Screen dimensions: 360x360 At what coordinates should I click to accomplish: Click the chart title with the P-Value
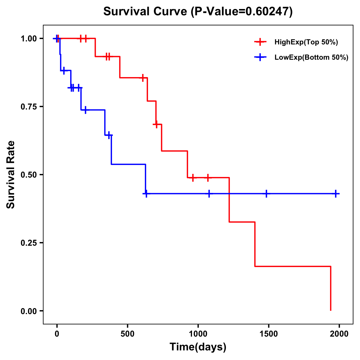[x=198, y=12]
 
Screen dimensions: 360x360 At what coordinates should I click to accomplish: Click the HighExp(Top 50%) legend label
[x=306, y=42]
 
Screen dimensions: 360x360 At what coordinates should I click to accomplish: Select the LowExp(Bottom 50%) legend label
[x=311, y=57]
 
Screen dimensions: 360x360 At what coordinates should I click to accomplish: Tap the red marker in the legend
[x=260, y=42]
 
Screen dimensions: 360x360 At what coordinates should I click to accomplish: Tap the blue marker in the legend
[x=260, y=57]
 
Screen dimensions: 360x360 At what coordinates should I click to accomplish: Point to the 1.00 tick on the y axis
[x=28, y=39]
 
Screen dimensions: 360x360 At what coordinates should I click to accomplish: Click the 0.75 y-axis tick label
[x=28, y=107]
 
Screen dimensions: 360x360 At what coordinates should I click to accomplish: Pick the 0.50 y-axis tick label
[x=28, y=175]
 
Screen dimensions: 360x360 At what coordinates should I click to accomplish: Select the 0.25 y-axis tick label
[x=28, y=243]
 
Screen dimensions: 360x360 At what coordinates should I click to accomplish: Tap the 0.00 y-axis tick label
[x=28, y=311]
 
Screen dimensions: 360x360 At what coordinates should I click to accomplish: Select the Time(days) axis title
[x=198, y=347]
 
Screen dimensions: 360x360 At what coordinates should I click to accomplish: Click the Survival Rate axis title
[x=11, y=175]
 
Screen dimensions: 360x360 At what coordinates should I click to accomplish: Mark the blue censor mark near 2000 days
[x=336, y=193]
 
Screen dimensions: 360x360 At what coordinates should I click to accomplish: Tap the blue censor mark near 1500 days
[x=266, y=193]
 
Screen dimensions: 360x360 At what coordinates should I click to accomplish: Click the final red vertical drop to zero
[x=331, y=288]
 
